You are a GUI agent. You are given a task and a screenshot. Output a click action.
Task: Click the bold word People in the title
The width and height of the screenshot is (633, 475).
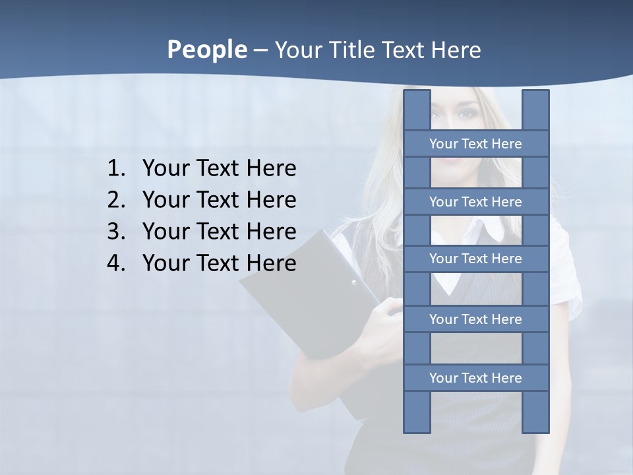pyautogui.click(x=206, y=49)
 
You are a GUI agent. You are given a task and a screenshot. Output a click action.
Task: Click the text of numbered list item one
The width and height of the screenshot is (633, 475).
pyautogui.click(x=219, y=169)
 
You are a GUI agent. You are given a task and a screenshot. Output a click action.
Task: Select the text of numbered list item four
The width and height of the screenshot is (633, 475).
pyautogui.click(x=219, y=263)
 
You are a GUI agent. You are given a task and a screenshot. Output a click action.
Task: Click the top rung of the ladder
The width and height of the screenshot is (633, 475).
pyautogui.click(x=475, y=144)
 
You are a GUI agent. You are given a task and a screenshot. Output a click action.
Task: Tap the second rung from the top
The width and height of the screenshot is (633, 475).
pyautogui.click(x=475, y=202)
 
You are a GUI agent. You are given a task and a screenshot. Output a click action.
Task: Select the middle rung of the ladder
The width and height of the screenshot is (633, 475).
pyautogui.click(x=475, y=259)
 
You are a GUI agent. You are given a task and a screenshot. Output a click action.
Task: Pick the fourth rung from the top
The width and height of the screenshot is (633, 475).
pyautogui.click(x=475, y=319)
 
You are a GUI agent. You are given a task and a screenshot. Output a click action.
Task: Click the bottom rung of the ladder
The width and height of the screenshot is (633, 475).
pyautogui.click(x=475, y=378)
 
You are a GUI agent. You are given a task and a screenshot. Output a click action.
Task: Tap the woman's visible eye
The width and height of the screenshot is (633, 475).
pyautogui.click(x=467, y=114)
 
